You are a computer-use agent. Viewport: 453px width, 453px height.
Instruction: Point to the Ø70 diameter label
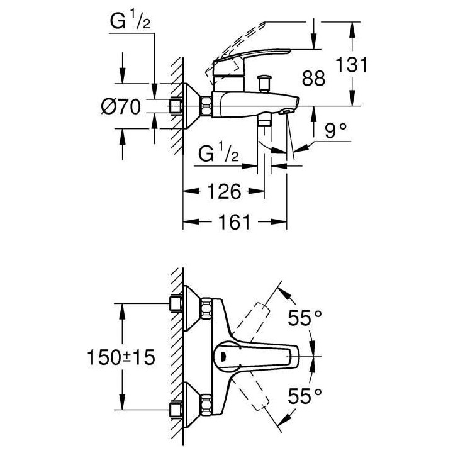(x=120, y=108)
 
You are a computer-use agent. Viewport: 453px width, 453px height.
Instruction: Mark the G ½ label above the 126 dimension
(x=217, y=154)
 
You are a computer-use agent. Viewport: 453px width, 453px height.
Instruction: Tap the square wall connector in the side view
(x=176, y=106)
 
